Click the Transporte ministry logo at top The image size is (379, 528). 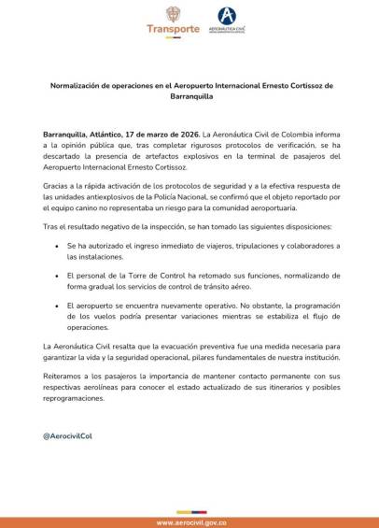point(173,21)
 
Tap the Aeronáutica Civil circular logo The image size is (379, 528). point(226,16)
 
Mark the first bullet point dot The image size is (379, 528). point(58,245)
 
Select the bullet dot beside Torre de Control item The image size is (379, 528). point(58,276)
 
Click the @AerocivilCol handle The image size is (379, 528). point(67,436)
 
